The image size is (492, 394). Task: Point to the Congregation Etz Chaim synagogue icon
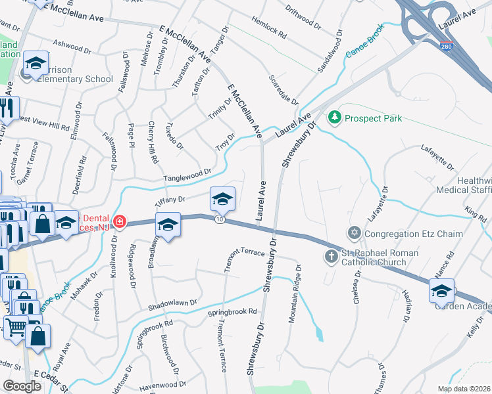(355, 233)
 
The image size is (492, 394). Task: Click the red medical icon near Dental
(118, 221)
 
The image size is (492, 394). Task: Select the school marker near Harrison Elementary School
(36, 64)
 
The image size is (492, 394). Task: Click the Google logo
(22, 387)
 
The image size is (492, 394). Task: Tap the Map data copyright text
(463, 389)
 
